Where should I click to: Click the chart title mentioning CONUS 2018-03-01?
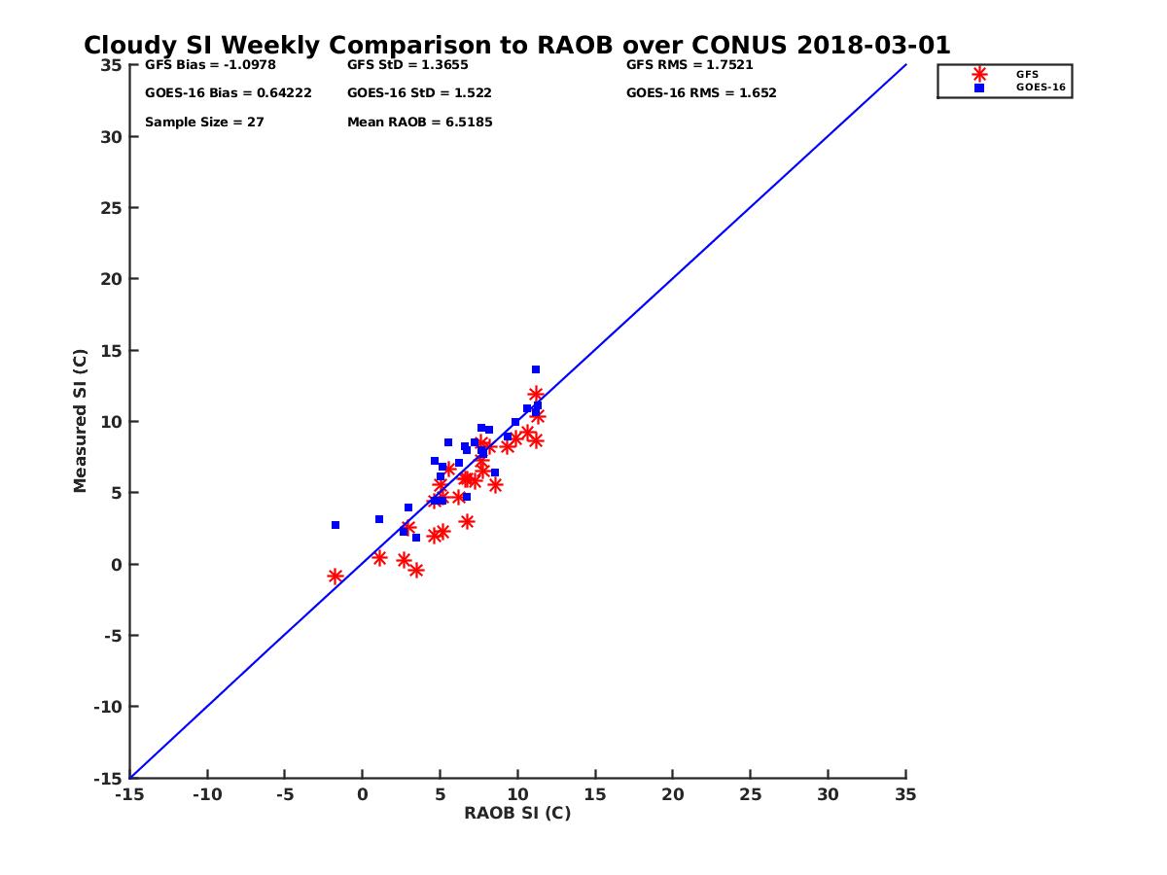pyautogui.click(x=516, y=46)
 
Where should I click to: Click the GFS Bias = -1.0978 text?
pyautogui.click(x=203, y=65)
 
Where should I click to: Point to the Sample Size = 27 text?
pyautogui.click(x=204, y=122)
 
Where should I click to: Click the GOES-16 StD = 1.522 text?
pyautogui.click(x=419, y=93)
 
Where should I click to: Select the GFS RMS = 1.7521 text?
pyautogui.click(x=690, y=65)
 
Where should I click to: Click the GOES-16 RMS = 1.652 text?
pyautogui.click(x=701, y=93)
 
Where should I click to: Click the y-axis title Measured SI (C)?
pyautogui.click(x=81, y=420)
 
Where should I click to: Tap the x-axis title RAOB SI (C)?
pyautogui.click(x=517, y=813)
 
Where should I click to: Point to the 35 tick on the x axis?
pyautogui.click(x=905, y=794)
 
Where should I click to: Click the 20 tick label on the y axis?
pyautogui.click(x=112, y=279)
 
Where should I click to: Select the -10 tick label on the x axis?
pyautogui.click(x=206, y=794)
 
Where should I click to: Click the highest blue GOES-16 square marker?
pyautogui.click(x=536, y=369)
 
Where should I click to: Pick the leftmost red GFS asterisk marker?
pyautogui.click(x=336, y=577)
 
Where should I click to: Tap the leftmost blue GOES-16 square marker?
pyautogui.click(x=336, y=525)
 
